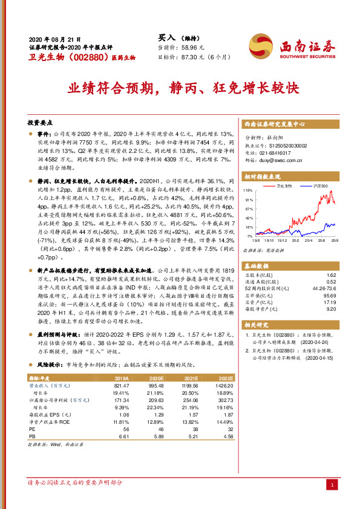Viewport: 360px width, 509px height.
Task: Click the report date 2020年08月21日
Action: pos(55,37)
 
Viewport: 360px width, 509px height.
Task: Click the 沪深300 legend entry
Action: pos(319,186)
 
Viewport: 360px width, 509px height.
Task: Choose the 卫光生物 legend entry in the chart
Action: pos(286,186)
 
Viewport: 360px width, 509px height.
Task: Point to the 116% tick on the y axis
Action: pos(248,190)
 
